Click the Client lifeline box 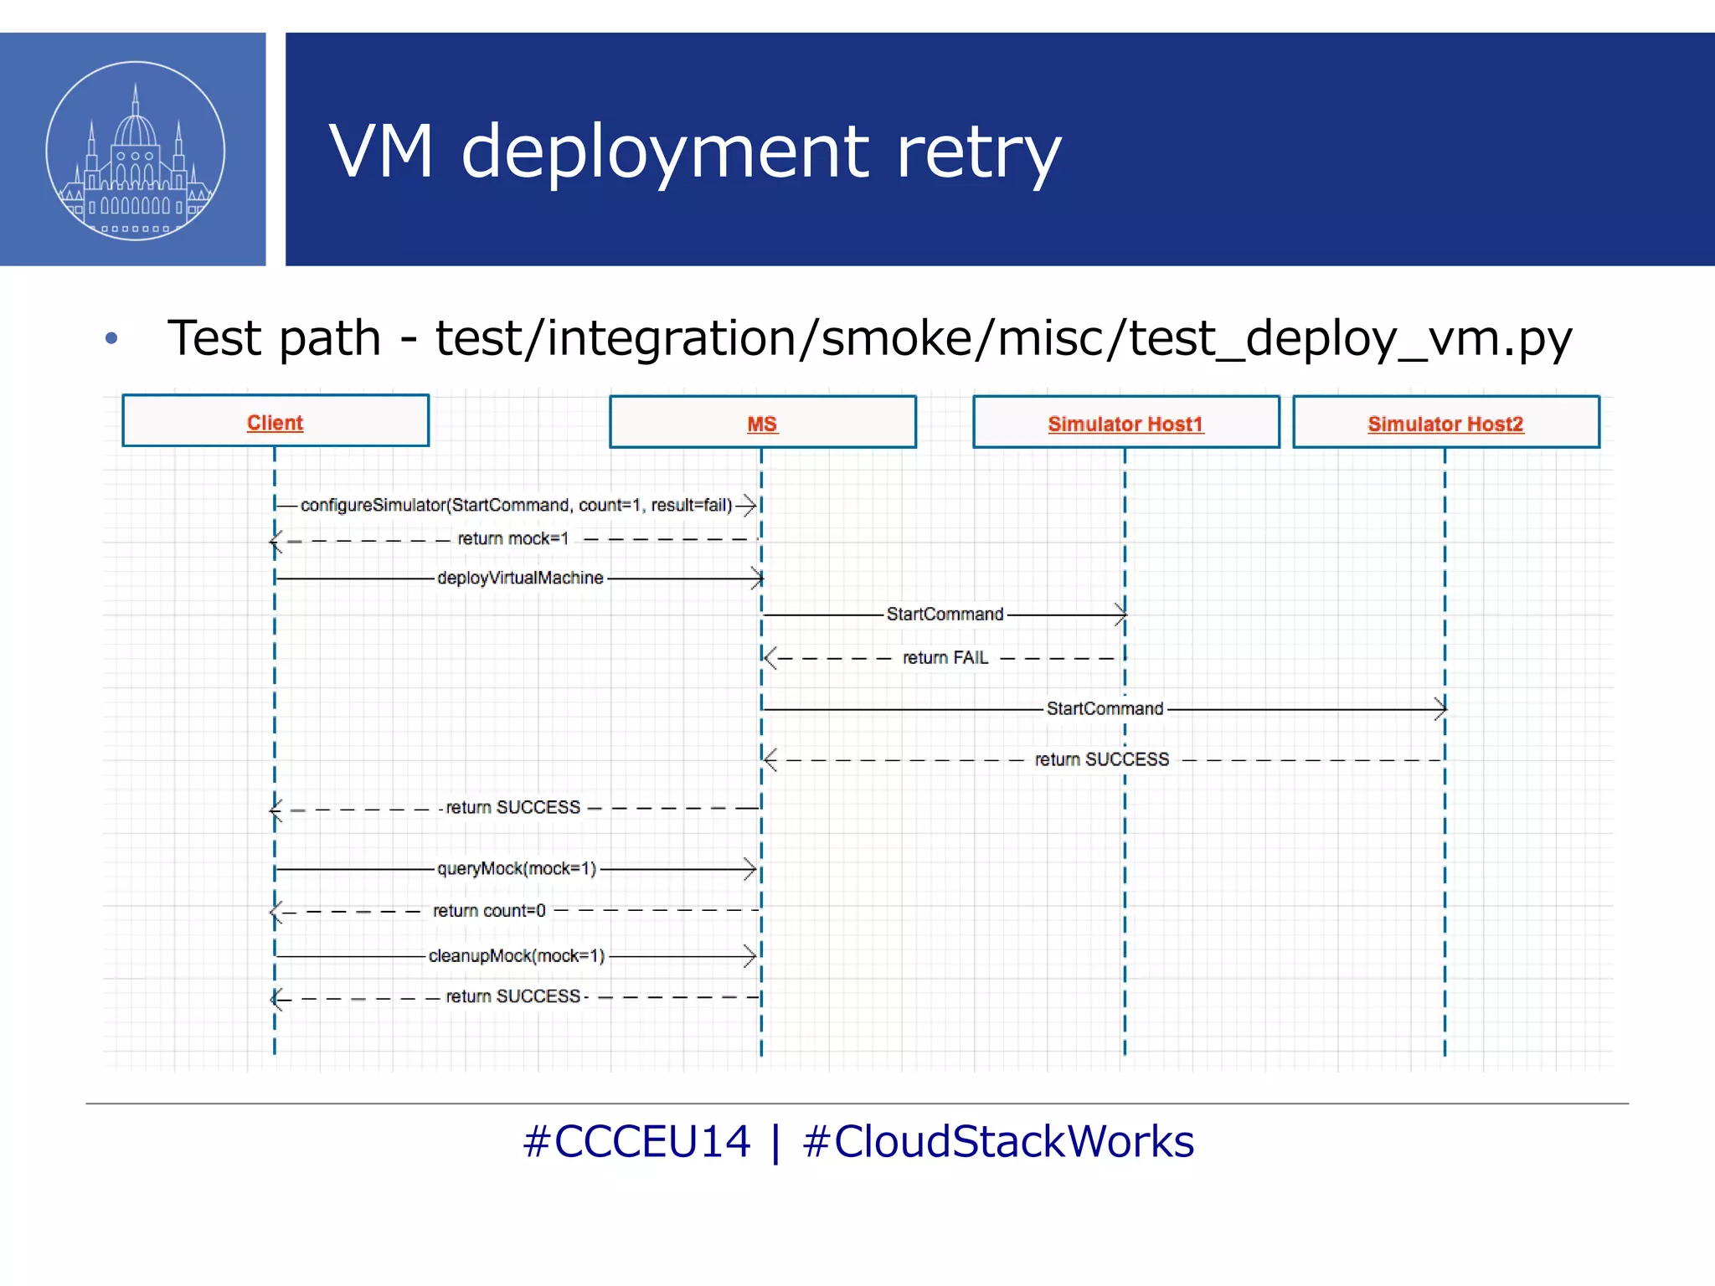click(275, 421)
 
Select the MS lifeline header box click(762, 423)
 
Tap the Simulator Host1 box click(1125, 423)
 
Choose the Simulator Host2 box click(1445, 423)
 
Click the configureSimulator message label click(516, 505)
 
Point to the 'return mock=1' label click(512, 538)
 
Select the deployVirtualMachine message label click(520, 578)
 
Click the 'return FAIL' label click(945, 658)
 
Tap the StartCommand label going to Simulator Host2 click(1105, 708)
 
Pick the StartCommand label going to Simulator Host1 click(945, 614)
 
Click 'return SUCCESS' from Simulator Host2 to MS click(1101, 759)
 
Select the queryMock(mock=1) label click(517, 868)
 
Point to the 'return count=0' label click(489, 910)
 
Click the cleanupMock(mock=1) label click(517, 955)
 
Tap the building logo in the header click(136, 151)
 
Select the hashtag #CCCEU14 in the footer click(636, 1141)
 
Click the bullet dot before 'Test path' click(111, 339)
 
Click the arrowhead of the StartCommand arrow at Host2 click(1440, 709)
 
